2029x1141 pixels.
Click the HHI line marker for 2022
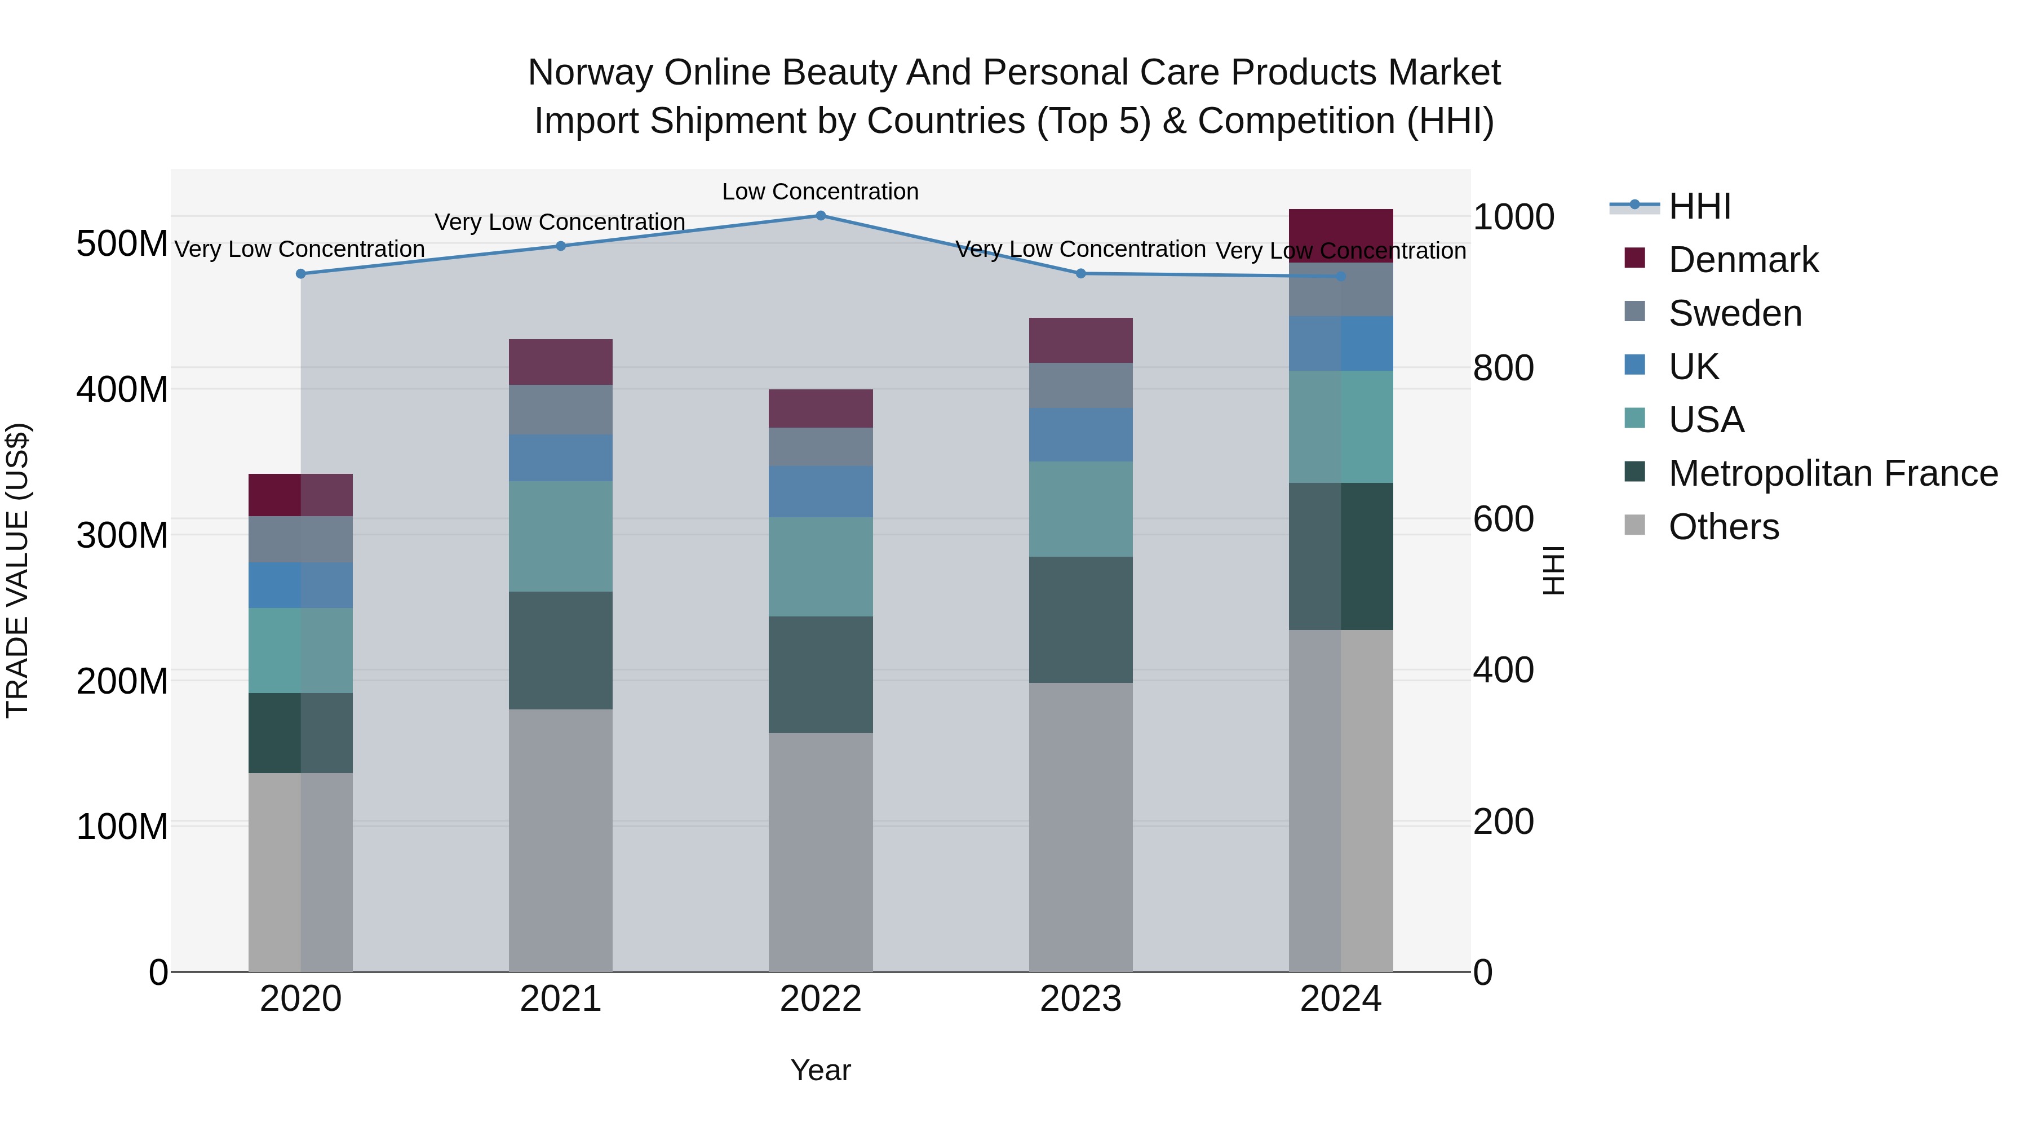pyautogui.click(x=820, y=216)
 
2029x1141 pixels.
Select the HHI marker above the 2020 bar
pyautogui.click(x=300, y=274)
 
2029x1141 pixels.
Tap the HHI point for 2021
pyautogui.click(x=561, y=246)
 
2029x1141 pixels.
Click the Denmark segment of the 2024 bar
pyautogui.click(x=1341, y=236)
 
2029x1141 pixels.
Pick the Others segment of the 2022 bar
pyautogui.click(x=820, y=852)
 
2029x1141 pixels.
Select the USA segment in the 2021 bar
pyautogui.click(x=561, y=536)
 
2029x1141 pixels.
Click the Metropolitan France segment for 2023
pyautogui.click(x=1080, y=620)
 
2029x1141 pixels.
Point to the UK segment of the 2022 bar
pyautogui.click(x=820, y=491)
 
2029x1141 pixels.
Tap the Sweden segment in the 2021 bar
pyautogui.click(x=561, y=410)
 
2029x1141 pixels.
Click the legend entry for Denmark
pyautogui.click(x=1743, y=260)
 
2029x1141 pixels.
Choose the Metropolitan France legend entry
pyautogui.click(x=1833, y=473)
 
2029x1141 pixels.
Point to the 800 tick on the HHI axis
pyautogui.click(x=1503, y=369)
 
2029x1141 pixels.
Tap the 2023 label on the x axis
pyautogui.click(x=1080, y=999)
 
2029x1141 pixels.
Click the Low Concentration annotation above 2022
pyautogui.click(x=820, y=192)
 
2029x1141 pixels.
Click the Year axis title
pyautogui.click(x=820, y=1070)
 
